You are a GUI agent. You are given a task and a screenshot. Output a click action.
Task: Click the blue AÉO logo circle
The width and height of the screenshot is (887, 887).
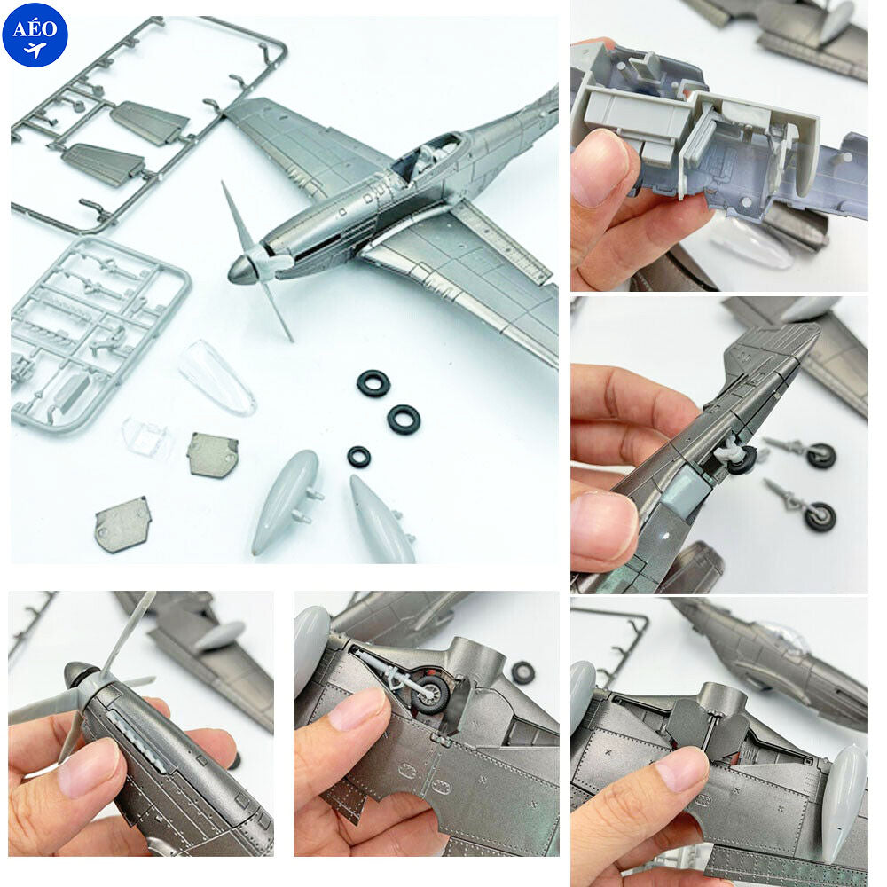point(35,35)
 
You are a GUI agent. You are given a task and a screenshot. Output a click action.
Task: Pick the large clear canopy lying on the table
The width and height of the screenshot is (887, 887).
point(216,377)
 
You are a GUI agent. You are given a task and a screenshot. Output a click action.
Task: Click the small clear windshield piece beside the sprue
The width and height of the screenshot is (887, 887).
point(146,437)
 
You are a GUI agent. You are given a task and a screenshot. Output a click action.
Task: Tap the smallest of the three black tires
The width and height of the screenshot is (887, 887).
point(358,457)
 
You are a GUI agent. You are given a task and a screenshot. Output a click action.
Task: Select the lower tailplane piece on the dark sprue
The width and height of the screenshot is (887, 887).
point(103,163)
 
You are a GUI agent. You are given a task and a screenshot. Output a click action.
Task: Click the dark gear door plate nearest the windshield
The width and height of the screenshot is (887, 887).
point(212,455)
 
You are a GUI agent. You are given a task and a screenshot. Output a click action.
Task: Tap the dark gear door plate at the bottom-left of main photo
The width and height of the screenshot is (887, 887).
point(122,524)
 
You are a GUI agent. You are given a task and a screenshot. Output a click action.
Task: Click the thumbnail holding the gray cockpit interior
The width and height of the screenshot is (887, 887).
point(718,146)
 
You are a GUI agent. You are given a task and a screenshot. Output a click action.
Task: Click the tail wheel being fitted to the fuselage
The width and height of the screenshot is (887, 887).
point(735,457)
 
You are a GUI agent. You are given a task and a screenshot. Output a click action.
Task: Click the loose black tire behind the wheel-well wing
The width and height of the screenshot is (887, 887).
point(522,672)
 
